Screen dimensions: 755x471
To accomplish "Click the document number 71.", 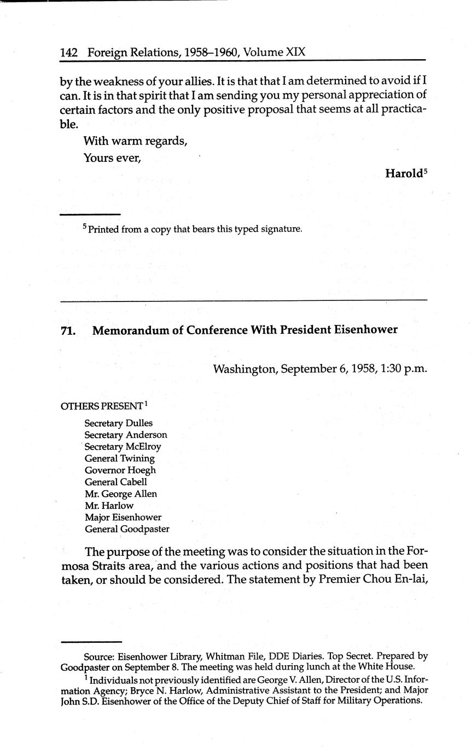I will (67, 330).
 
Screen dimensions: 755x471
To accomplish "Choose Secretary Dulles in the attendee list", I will (119, 423).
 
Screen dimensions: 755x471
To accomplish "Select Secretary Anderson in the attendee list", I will (126, 435).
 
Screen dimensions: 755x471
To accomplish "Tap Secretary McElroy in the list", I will (123, 447).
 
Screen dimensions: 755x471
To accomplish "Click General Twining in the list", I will (120, 458).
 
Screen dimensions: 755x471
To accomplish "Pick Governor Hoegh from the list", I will (120, 471).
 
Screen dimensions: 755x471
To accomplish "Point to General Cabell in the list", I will (116, 482).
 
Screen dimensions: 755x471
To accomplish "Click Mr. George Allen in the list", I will (121, 494).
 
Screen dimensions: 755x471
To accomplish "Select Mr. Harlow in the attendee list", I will (109, 506).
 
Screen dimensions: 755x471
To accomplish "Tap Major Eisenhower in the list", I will (123, 518).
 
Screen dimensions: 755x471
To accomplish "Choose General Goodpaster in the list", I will (127, 529).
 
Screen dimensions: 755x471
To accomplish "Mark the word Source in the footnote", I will (97, 656).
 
